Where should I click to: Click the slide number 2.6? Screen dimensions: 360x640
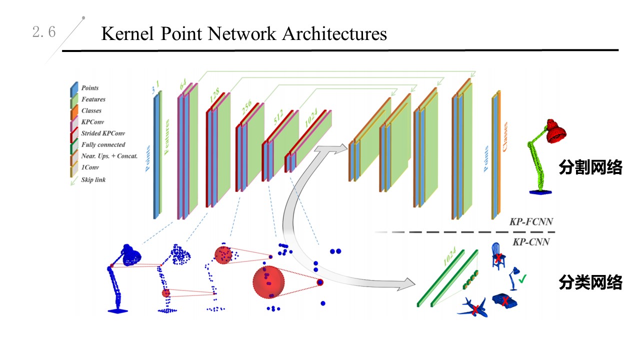tap(44, 33)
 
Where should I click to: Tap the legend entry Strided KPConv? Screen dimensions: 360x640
tap(103, 133)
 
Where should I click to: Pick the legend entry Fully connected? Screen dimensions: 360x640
tap(103, 145)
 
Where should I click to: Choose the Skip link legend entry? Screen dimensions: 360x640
tap(93, 179)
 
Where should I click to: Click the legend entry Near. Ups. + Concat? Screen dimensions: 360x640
tap(109, 156)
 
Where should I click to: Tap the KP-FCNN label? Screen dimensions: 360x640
tap(531, 221)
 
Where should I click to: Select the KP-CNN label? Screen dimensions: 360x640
tap(531, 242)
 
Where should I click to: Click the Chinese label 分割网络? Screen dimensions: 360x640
tap(590, 168)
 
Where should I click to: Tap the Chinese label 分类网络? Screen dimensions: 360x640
tap(590, 283)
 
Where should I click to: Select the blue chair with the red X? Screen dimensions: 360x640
tap(497, 256)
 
